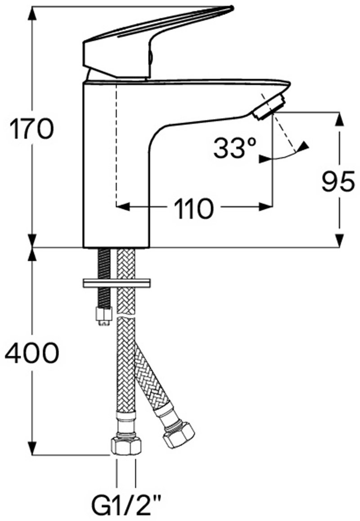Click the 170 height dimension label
tap(31, 129)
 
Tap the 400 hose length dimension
tap(32, 353)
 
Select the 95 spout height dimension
tap(338, 182)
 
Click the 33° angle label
tap(235, 148)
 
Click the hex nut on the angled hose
tap(179, 435)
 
